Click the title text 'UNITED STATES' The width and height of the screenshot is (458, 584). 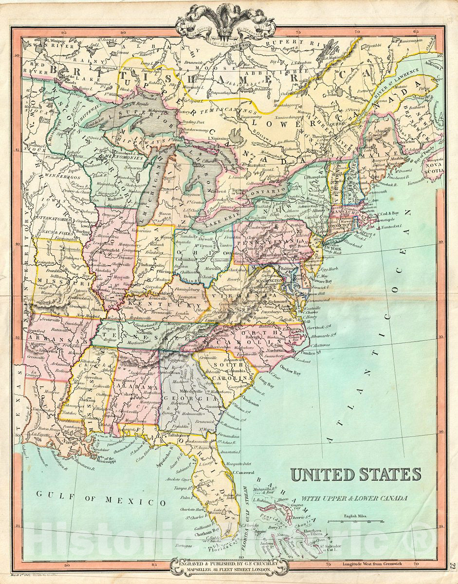pyautogui.click(x=356, y=474)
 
